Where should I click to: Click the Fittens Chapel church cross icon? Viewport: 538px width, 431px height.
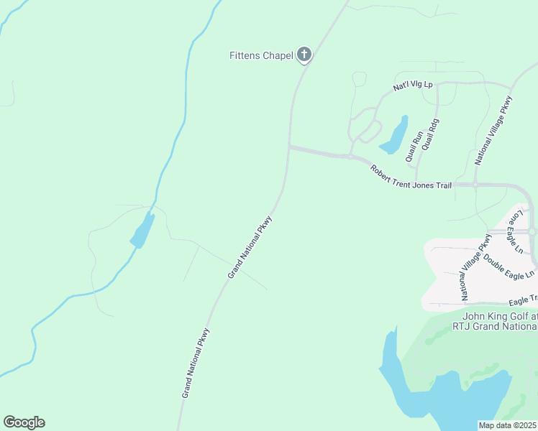pos(304,55)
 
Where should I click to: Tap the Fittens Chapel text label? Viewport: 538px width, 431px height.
pos(260,55)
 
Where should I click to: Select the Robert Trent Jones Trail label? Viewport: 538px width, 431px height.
pos(411,177)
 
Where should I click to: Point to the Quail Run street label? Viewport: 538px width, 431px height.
pos(414,144)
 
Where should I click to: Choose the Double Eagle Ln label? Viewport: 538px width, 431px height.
pos(509,266)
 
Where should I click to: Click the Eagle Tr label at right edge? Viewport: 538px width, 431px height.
pos(523,300)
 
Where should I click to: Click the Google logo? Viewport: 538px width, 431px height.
pos(24,422)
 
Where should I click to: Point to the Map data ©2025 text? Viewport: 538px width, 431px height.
pos(508,425)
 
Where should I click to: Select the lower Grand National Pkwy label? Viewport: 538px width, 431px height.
pos(195,363)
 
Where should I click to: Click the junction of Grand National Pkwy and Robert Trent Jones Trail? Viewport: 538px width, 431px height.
pos(289,147)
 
